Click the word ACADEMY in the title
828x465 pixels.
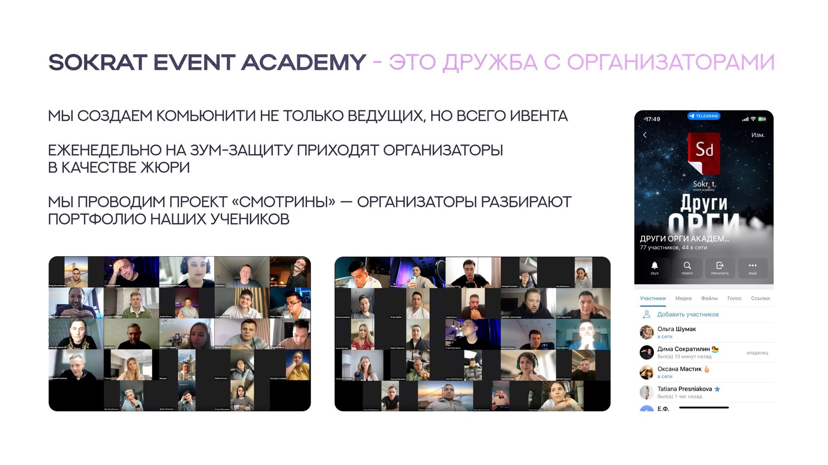pos(303,63)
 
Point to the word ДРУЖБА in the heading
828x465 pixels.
pos(489,63)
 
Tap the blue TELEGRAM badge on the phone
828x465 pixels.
pos(704,116)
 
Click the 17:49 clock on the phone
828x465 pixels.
pos(653,119)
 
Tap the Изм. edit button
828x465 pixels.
pos(758,135)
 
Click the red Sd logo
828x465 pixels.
pos(704,152)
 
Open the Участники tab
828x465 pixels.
pos(653,299)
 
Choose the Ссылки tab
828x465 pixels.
pos(760,299)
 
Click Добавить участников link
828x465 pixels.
pos(688,315)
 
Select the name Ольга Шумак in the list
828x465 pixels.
pos(677,329)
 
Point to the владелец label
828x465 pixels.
pos(757,353)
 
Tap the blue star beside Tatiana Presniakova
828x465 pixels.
pos(717,389)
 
